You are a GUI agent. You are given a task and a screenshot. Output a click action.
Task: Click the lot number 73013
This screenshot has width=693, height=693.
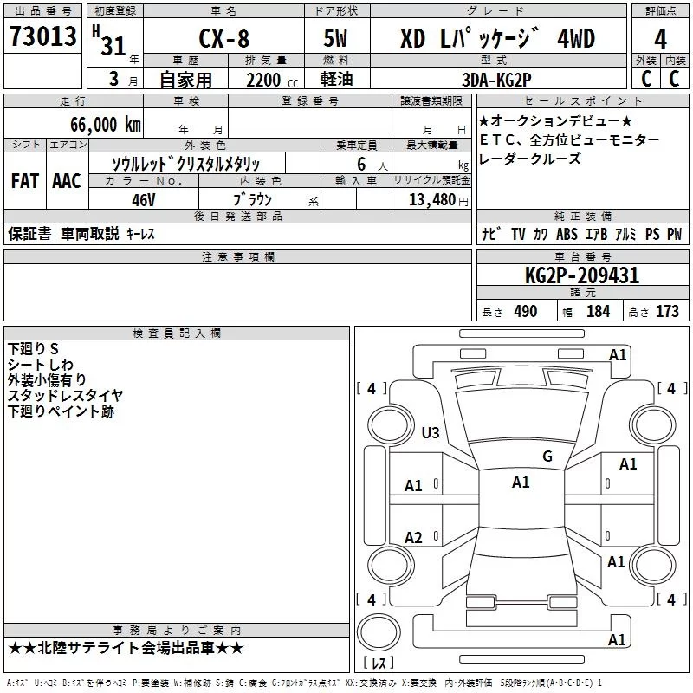tap(42, 38)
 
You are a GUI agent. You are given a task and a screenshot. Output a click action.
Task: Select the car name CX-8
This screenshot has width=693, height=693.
tap(221, 40)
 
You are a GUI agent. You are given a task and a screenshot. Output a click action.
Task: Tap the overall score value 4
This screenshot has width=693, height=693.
tap(660, 40)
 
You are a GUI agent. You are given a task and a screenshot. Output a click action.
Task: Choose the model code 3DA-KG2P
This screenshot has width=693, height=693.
tap(496, 80)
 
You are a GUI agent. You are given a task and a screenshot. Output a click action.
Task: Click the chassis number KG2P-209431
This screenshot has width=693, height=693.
tap(582, 276)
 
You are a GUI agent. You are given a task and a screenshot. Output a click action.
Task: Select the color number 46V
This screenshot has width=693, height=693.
tap(143, 198)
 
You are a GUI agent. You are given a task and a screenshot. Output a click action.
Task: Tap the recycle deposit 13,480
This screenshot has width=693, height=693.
tap(431, 199)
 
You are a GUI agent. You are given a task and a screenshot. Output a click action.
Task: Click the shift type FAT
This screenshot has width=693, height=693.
tap(25, 181)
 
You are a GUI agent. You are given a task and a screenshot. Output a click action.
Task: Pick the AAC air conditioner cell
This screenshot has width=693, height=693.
tap(67, 181)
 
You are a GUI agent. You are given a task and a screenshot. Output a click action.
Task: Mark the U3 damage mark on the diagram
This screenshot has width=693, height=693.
tap(431, 432)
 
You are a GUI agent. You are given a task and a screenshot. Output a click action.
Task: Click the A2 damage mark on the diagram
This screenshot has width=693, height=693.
tap(414, 538)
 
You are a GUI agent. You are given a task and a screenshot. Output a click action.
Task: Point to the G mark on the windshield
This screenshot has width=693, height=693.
tap(547, 457)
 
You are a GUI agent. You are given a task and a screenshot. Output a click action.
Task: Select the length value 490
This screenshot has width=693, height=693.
tap(526, 311)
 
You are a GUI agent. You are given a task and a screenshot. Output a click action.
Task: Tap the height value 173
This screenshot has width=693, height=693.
tap(667, 311)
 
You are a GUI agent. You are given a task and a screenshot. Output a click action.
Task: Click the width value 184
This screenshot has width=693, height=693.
tap(598, 311)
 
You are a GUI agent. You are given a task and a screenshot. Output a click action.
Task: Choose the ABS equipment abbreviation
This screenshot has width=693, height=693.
tap(567, 234)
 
